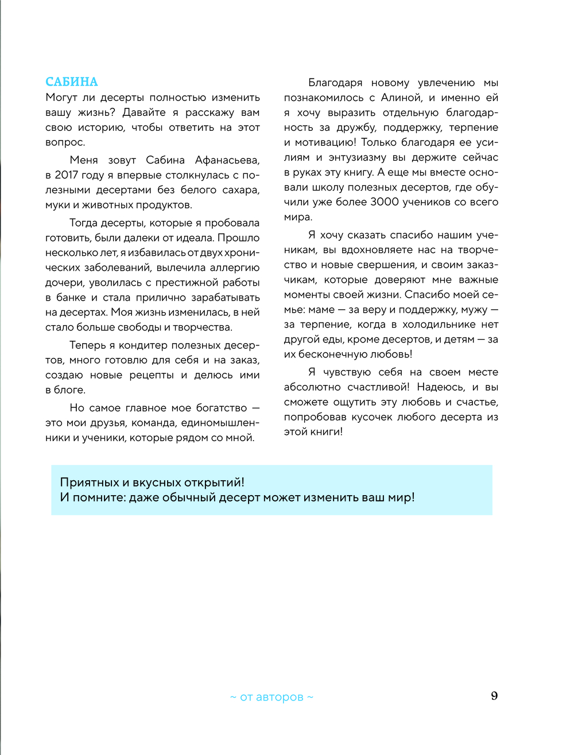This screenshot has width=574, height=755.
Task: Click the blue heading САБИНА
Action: tap(72, 82)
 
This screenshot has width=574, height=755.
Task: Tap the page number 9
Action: tap(494, 696)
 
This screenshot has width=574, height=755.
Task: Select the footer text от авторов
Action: tap(272, 697)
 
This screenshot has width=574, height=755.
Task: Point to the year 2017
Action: tap(67, 175)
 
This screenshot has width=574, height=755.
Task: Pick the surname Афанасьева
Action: tap(227, 160)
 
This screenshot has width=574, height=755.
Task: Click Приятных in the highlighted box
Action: tap(88, 482)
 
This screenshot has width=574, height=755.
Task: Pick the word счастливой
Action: tap(378, 387)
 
